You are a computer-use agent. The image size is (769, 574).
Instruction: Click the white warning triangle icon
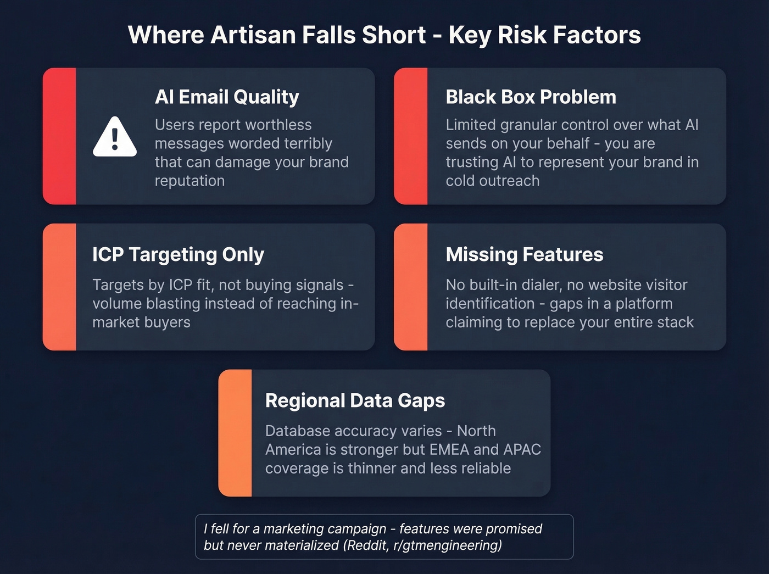114,137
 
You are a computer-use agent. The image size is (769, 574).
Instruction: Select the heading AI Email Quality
227,97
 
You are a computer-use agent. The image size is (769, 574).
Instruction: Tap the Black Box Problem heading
531,97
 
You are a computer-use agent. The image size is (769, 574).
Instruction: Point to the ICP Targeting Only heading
178,254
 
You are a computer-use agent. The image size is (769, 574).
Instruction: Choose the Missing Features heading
524,254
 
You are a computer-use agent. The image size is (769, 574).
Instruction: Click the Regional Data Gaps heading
355,400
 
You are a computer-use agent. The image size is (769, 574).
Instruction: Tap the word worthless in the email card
275,125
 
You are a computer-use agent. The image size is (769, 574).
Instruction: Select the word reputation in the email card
190,181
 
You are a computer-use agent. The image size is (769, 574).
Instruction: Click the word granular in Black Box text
532,125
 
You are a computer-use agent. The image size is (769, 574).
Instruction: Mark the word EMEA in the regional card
449,449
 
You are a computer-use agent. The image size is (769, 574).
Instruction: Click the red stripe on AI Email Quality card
59,136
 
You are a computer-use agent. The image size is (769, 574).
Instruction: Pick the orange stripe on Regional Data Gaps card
235,433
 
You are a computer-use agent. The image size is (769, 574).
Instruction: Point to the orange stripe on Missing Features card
411,287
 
